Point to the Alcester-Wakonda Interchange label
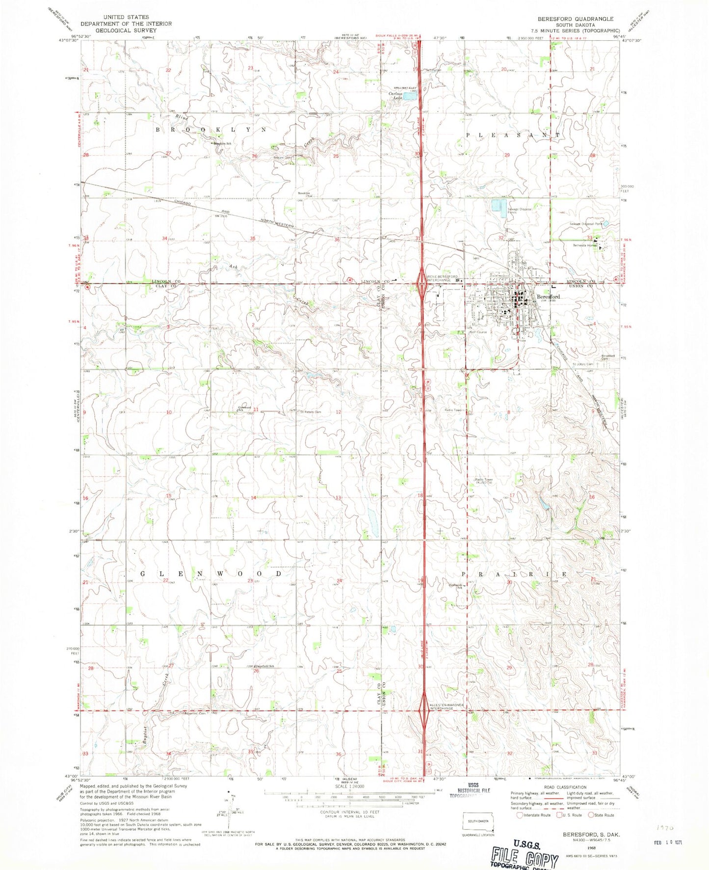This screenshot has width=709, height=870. (446, 707)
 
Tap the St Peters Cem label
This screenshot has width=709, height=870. (310, 411)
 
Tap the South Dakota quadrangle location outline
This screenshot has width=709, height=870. (479, 822)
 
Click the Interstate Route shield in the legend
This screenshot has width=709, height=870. (521, 815)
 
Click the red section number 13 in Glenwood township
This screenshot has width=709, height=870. (338, 498)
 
